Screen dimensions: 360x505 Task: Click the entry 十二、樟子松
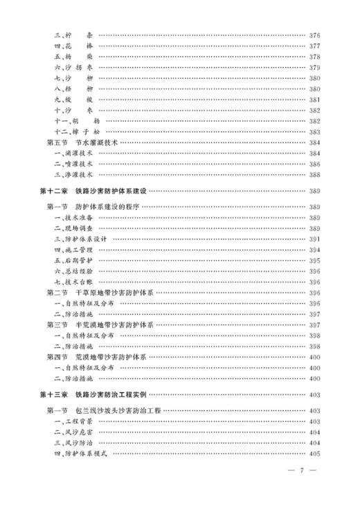(75, 131)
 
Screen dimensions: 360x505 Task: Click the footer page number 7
(302, 470)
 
